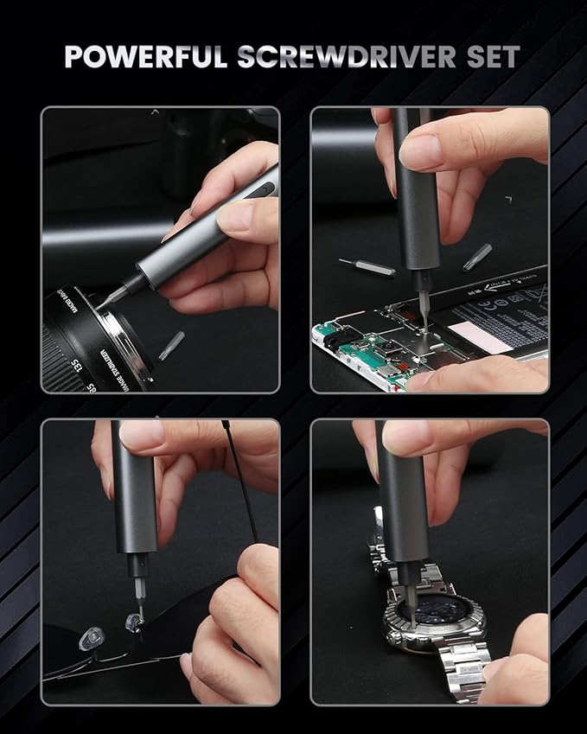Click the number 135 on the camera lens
(x=85, y=369)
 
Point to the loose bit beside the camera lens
(x=171, y=343)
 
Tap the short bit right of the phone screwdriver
(x=476, y=257)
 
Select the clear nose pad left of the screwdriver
(x=87, y=639)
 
